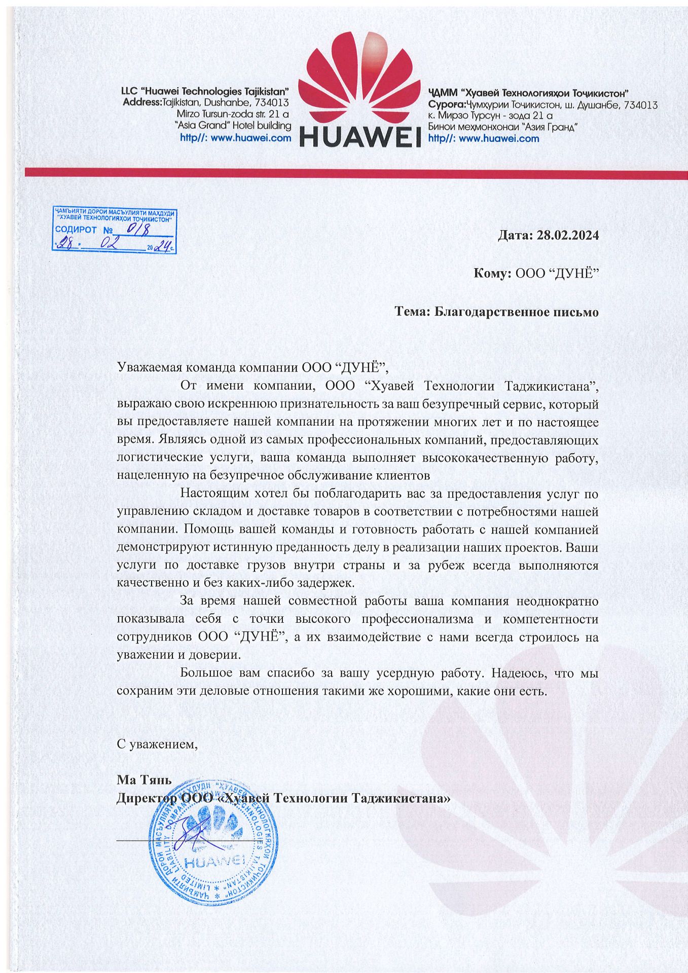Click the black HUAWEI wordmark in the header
[360, 136]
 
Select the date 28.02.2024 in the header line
[568, 235]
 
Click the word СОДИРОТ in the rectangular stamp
[76, 230]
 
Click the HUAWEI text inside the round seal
[215, 861]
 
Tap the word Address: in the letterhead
[142, 103]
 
